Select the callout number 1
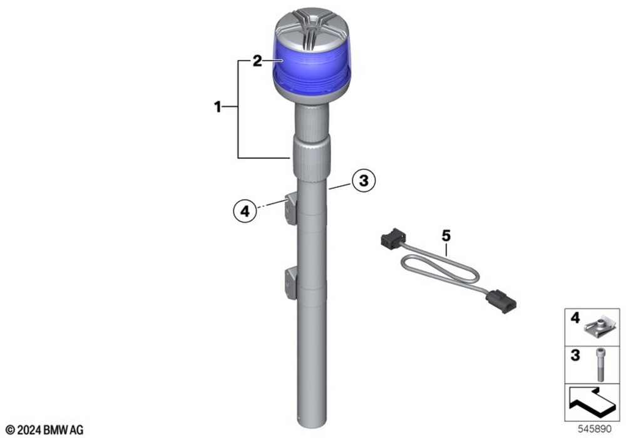218,107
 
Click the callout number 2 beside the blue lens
257,61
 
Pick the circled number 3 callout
364,180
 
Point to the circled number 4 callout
245,211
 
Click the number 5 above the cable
446,236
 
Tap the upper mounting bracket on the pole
290,208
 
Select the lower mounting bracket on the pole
290,283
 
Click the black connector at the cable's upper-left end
393,238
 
